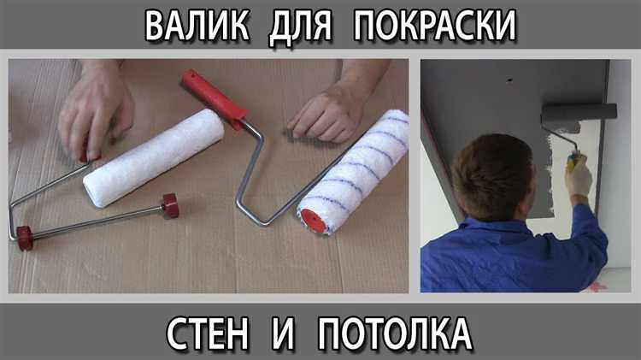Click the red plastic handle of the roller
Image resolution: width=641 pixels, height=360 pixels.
click(x=214, y=93)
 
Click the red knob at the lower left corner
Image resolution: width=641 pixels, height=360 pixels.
click(x=24, y=237)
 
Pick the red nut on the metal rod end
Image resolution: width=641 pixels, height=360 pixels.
click(x=170, y=205)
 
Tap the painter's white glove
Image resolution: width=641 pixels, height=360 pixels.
click(x=579, y=176)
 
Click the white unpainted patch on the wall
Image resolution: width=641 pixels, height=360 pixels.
click(x=556, y=171)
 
